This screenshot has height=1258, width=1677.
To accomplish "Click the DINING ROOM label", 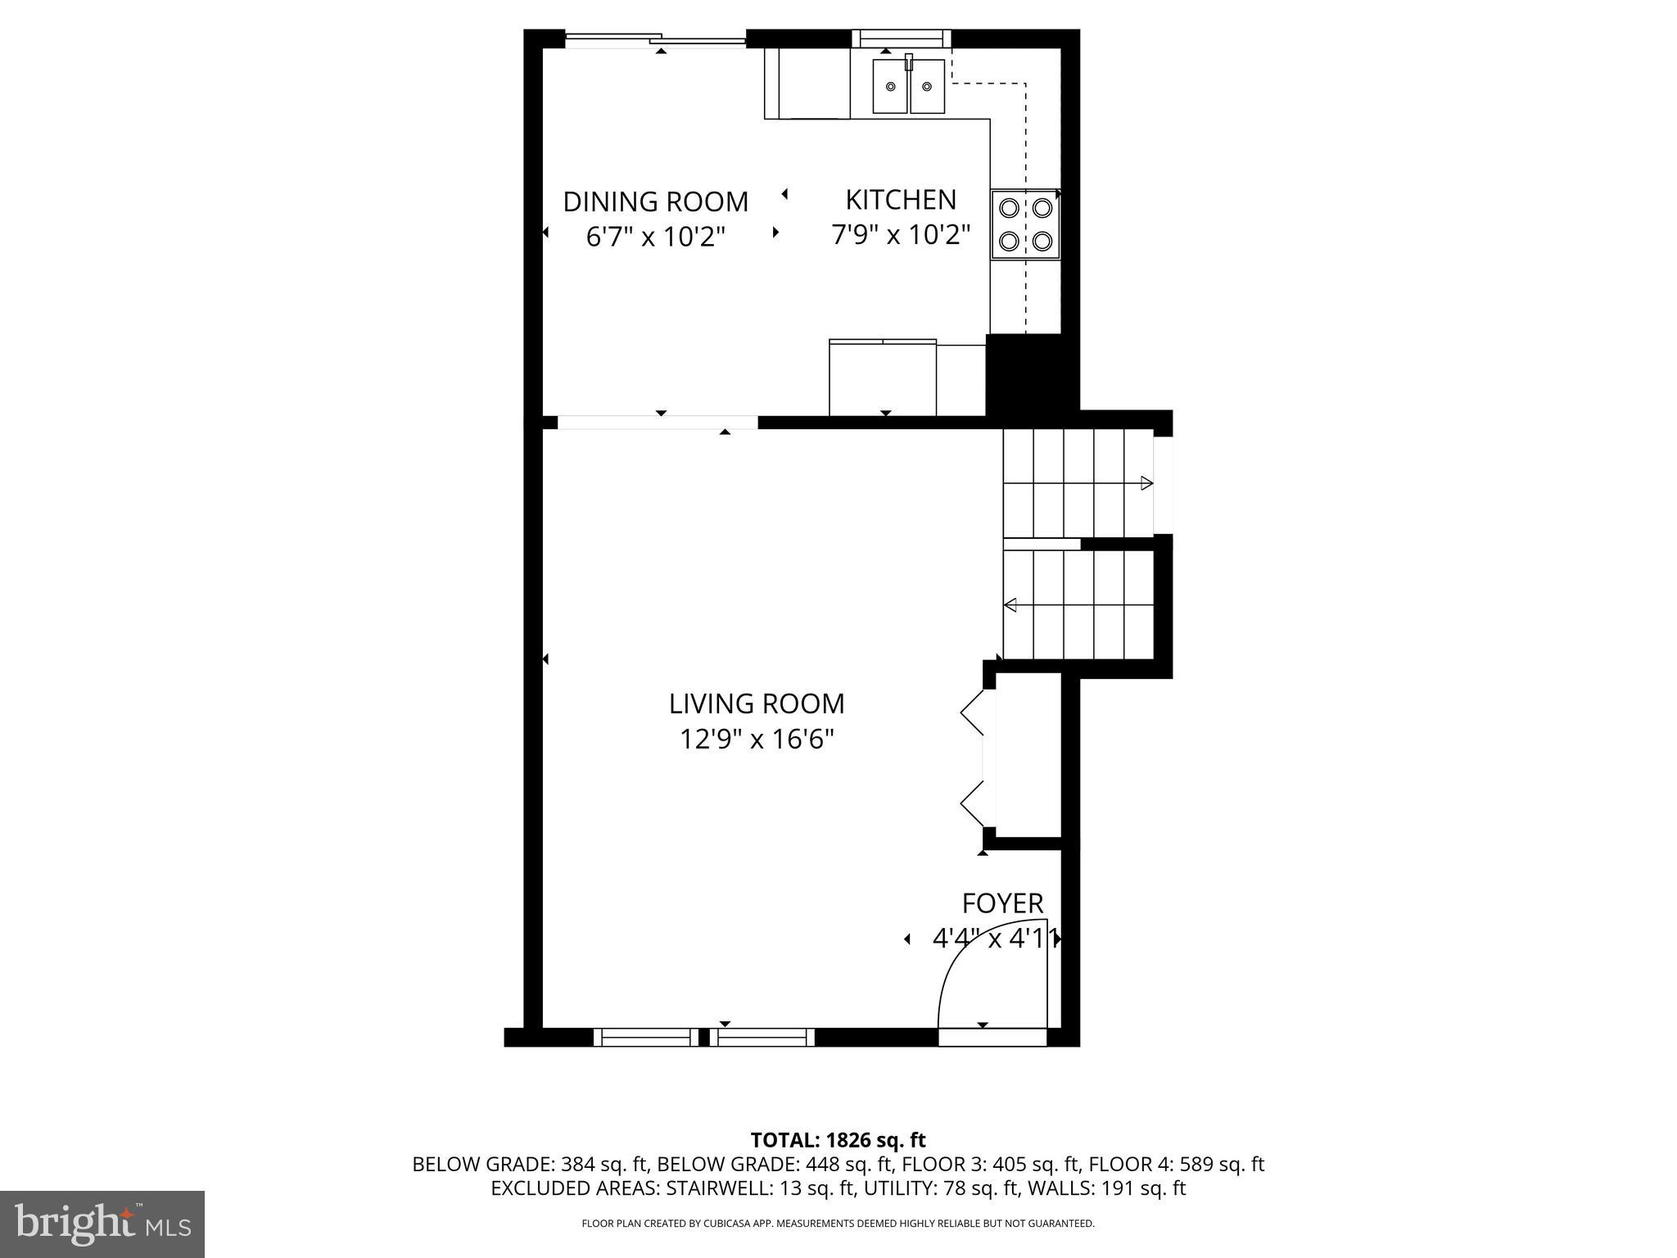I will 655,201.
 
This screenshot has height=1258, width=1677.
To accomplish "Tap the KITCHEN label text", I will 900,200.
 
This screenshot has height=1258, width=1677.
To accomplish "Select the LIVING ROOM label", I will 756,704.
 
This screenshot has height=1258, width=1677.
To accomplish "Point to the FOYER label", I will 1002,903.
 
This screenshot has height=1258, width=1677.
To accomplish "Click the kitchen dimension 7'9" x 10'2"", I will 900,236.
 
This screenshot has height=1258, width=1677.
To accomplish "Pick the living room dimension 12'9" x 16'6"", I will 756,740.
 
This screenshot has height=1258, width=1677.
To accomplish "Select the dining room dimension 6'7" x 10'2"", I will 655,238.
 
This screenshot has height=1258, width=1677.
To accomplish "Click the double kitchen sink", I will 908,86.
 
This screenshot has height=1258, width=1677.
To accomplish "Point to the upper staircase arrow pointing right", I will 1146,483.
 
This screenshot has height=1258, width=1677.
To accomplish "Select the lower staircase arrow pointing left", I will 1011,605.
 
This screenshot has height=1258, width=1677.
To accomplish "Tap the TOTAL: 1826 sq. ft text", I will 838,1140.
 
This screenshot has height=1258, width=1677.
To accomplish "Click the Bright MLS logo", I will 102,1224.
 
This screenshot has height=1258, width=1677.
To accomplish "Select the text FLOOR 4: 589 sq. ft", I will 1177,1164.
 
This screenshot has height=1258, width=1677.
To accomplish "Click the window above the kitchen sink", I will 901,38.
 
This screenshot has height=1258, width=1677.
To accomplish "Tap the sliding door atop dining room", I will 655,39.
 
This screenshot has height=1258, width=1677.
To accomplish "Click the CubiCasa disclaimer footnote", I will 838,1224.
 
